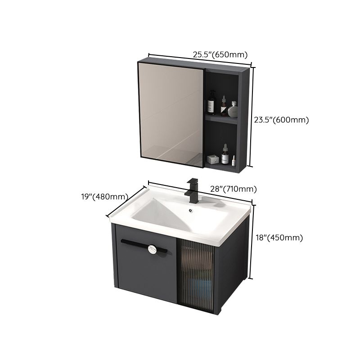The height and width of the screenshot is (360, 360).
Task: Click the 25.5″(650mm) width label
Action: [220, 55]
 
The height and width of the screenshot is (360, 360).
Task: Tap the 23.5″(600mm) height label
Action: [281, 120]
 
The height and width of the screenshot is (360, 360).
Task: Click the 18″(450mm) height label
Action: [279, 238]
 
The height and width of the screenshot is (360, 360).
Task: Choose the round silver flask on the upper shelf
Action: [233, 109]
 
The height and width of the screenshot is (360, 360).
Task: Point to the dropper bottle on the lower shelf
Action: [225, 154]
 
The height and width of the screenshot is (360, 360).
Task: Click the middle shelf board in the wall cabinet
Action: [221, 118]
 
